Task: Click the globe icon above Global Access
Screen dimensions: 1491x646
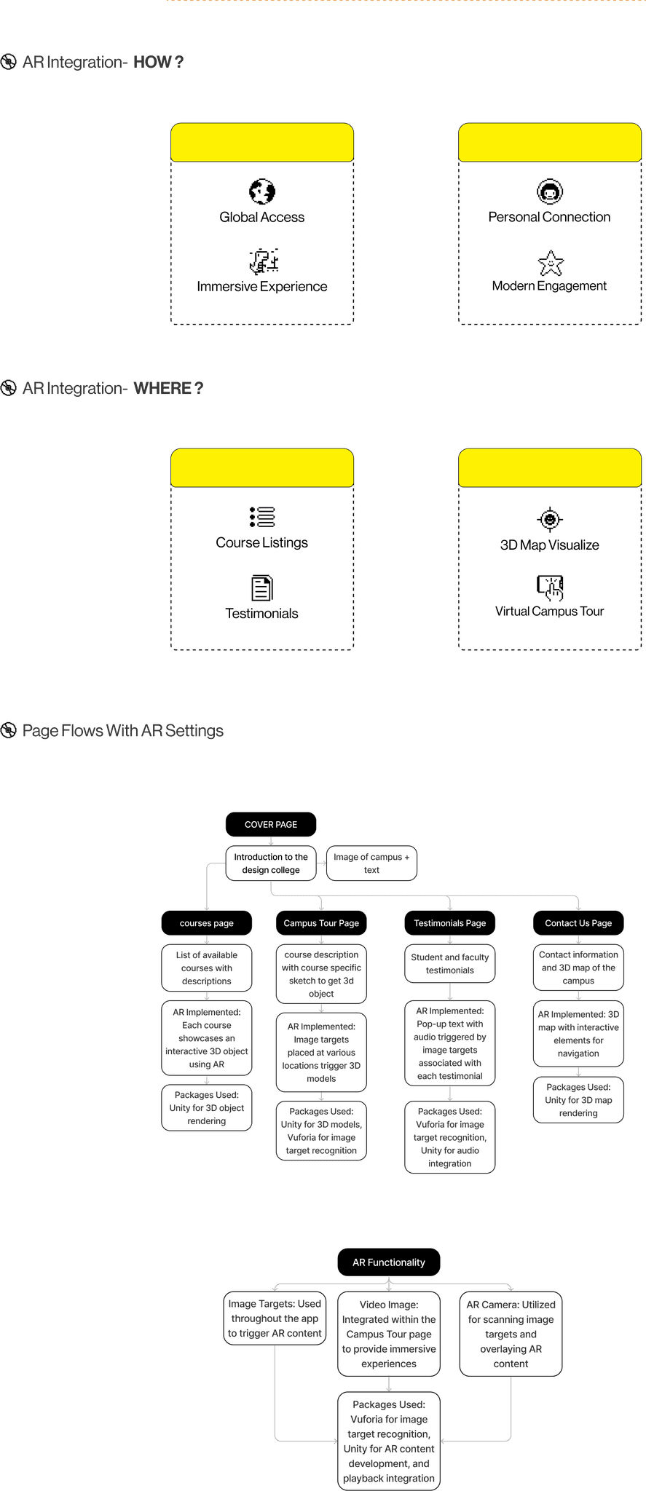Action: point(262,192)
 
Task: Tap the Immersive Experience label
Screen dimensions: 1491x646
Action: point(262,287)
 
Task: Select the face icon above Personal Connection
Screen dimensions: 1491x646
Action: point(550,192)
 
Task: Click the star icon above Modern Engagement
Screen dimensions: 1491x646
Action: point(551,263)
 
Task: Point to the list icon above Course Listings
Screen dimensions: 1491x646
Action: point(262,517)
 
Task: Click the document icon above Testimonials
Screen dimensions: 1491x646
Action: point(262,588)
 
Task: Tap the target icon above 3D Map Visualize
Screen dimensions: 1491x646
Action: point(550,519)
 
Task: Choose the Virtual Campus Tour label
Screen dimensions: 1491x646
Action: point(550,612)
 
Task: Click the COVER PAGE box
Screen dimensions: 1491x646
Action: point(271,825)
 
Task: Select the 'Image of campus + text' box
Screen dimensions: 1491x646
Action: point(371,863)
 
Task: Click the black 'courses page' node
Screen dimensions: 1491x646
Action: point(207,923)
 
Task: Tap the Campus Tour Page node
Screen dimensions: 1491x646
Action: point(321,923)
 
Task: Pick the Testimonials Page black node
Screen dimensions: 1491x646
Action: point(450,923)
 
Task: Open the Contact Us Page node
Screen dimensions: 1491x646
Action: point(578,923)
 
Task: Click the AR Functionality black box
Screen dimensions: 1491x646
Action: point(389,1262)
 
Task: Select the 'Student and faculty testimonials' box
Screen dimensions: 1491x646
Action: point(450,964)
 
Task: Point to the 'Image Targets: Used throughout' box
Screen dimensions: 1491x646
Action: point(275,1318)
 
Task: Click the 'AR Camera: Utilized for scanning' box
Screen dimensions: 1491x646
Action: point(511,1334)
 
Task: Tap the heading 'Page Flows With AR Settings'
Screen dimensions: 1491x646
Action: point(123,731)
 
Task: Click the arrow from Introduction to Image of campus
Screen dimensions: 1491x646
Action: point(322,863)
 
